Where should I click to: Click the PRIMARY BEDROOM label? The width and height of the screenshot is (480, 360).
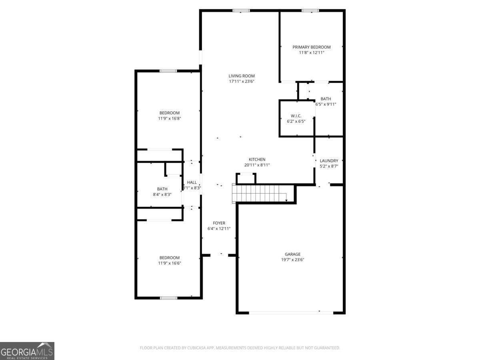[311, 47]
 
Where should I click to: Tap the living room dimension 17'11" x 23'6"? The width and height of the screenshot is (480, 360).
[242, 81]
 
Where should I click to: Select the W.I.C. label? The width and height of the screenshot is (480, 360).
[296, 116]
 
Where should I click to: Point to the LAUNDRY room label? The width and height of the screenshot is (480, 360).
[329, 161]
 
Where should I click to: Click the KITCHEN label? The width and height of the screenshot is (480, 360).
[257, 160]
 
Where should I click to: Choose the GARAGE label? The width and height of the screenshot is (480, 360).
[292, 254]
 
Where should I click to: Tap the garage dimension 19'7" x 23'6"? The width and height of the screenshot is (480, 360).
[292, 260]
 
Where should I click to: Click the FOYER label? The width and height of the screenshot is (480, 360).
[219, 223]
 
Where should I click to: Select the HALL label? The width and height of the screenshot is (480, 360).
[192, 182]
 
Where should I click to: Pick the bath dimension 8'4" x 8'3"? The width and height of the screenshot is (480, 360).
[162, 194]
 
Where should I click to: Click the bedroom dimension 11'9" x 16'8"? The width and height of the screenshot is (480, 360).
[169, 118]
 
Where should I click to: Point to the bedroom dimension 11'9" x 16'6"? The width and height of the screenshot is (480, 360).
[169, 263]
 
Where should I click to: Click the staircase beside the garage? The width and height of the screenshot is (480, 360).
[260, 193]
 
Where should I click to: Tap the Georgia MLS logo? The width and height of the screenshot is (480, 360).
[27, 351]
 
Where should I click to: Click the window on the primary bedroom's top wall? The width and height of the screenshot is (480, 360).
[310, 10]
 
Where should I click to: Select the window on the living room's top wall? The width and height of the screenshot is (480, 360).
[241, 10]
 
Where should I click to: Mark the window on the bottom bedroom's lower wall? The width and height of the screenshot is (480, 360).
[168, 298]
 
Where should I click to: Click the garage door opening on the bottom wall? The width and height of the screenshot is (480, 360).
[291, 312]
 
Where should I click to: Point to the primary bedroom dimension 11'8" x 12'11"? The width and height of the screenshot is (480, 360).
[311, 52]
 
